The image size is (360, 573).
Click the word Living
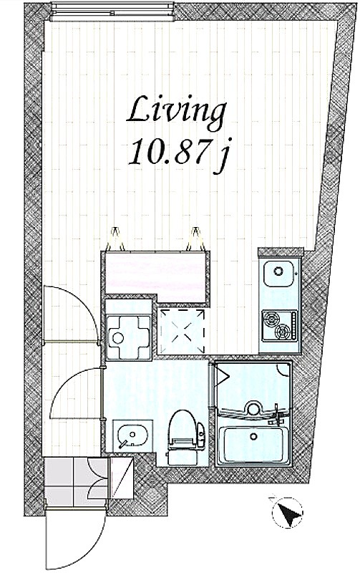point(176,112)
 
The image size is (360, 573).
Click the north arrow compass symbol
point(288,512)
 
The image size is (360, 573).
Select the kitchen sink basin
point(278,274)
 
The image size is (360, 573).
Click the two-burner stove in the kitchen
point(280,325)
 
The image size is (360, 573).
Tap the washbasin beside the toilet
point(130,435)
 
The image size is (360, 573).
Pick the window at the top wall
point(112,11)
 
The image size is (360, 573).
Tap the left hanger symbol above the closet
point(116,239)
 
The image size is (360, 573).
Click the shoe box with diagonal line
point(122,478)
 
